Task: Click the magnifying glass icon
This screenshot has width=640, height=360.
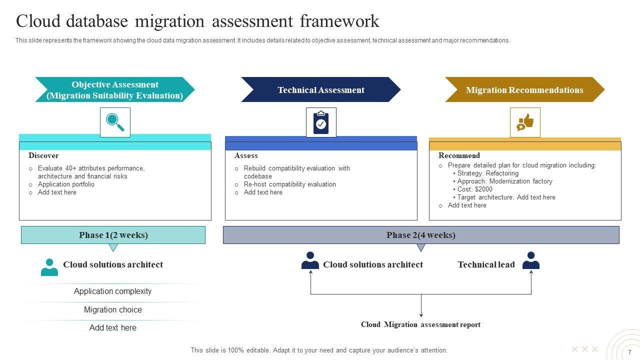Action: pos(115,122)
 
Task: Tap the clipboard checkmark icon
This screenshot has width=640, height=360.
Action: pos(321,122)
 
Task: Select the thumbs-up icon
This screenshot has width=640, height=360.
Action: pos(525,122)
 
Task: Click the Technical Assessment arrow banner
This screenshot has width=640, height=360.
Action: pos(320,90)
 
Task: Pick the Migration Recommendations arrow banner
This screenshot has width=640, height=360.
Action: pos(524,90)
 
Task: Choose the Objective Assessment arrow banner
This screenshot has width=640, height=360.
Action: pos(114,90)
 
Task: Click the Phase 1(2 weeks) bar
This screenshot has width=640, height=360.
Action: pos(113,235)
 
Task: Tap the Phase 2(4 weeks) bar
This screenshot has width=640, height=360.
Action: pos(421,235)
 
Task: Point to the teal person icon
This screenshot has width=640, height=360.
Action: pos(49,267)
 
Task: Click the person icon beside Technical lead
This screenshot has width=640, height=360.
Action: pos(530,261)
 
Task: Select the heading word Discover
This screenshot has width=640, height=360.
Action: pos(43,155)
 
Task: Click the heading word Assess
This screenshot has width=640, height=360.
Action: pos(246,155)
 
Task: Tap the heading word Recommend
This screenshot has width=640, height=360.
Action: pos(459,155)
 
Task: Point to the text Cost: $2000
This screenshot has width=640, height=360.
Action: pos(474,189)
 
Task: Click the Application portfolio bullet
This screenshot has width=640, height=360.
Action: pos(66,184)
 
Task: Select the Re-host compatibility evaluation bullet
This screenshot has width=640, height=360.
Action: pos(289,184)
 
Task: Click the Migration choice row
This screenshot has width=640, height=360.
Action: pos(113,310)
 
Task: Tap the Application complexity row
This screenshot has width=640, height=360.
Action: pos(113,291)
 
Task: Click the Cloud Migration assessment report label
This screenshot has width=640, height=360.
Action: pos(420,325)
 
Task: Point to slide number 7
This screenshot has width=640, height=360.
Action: pos(629,352)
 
